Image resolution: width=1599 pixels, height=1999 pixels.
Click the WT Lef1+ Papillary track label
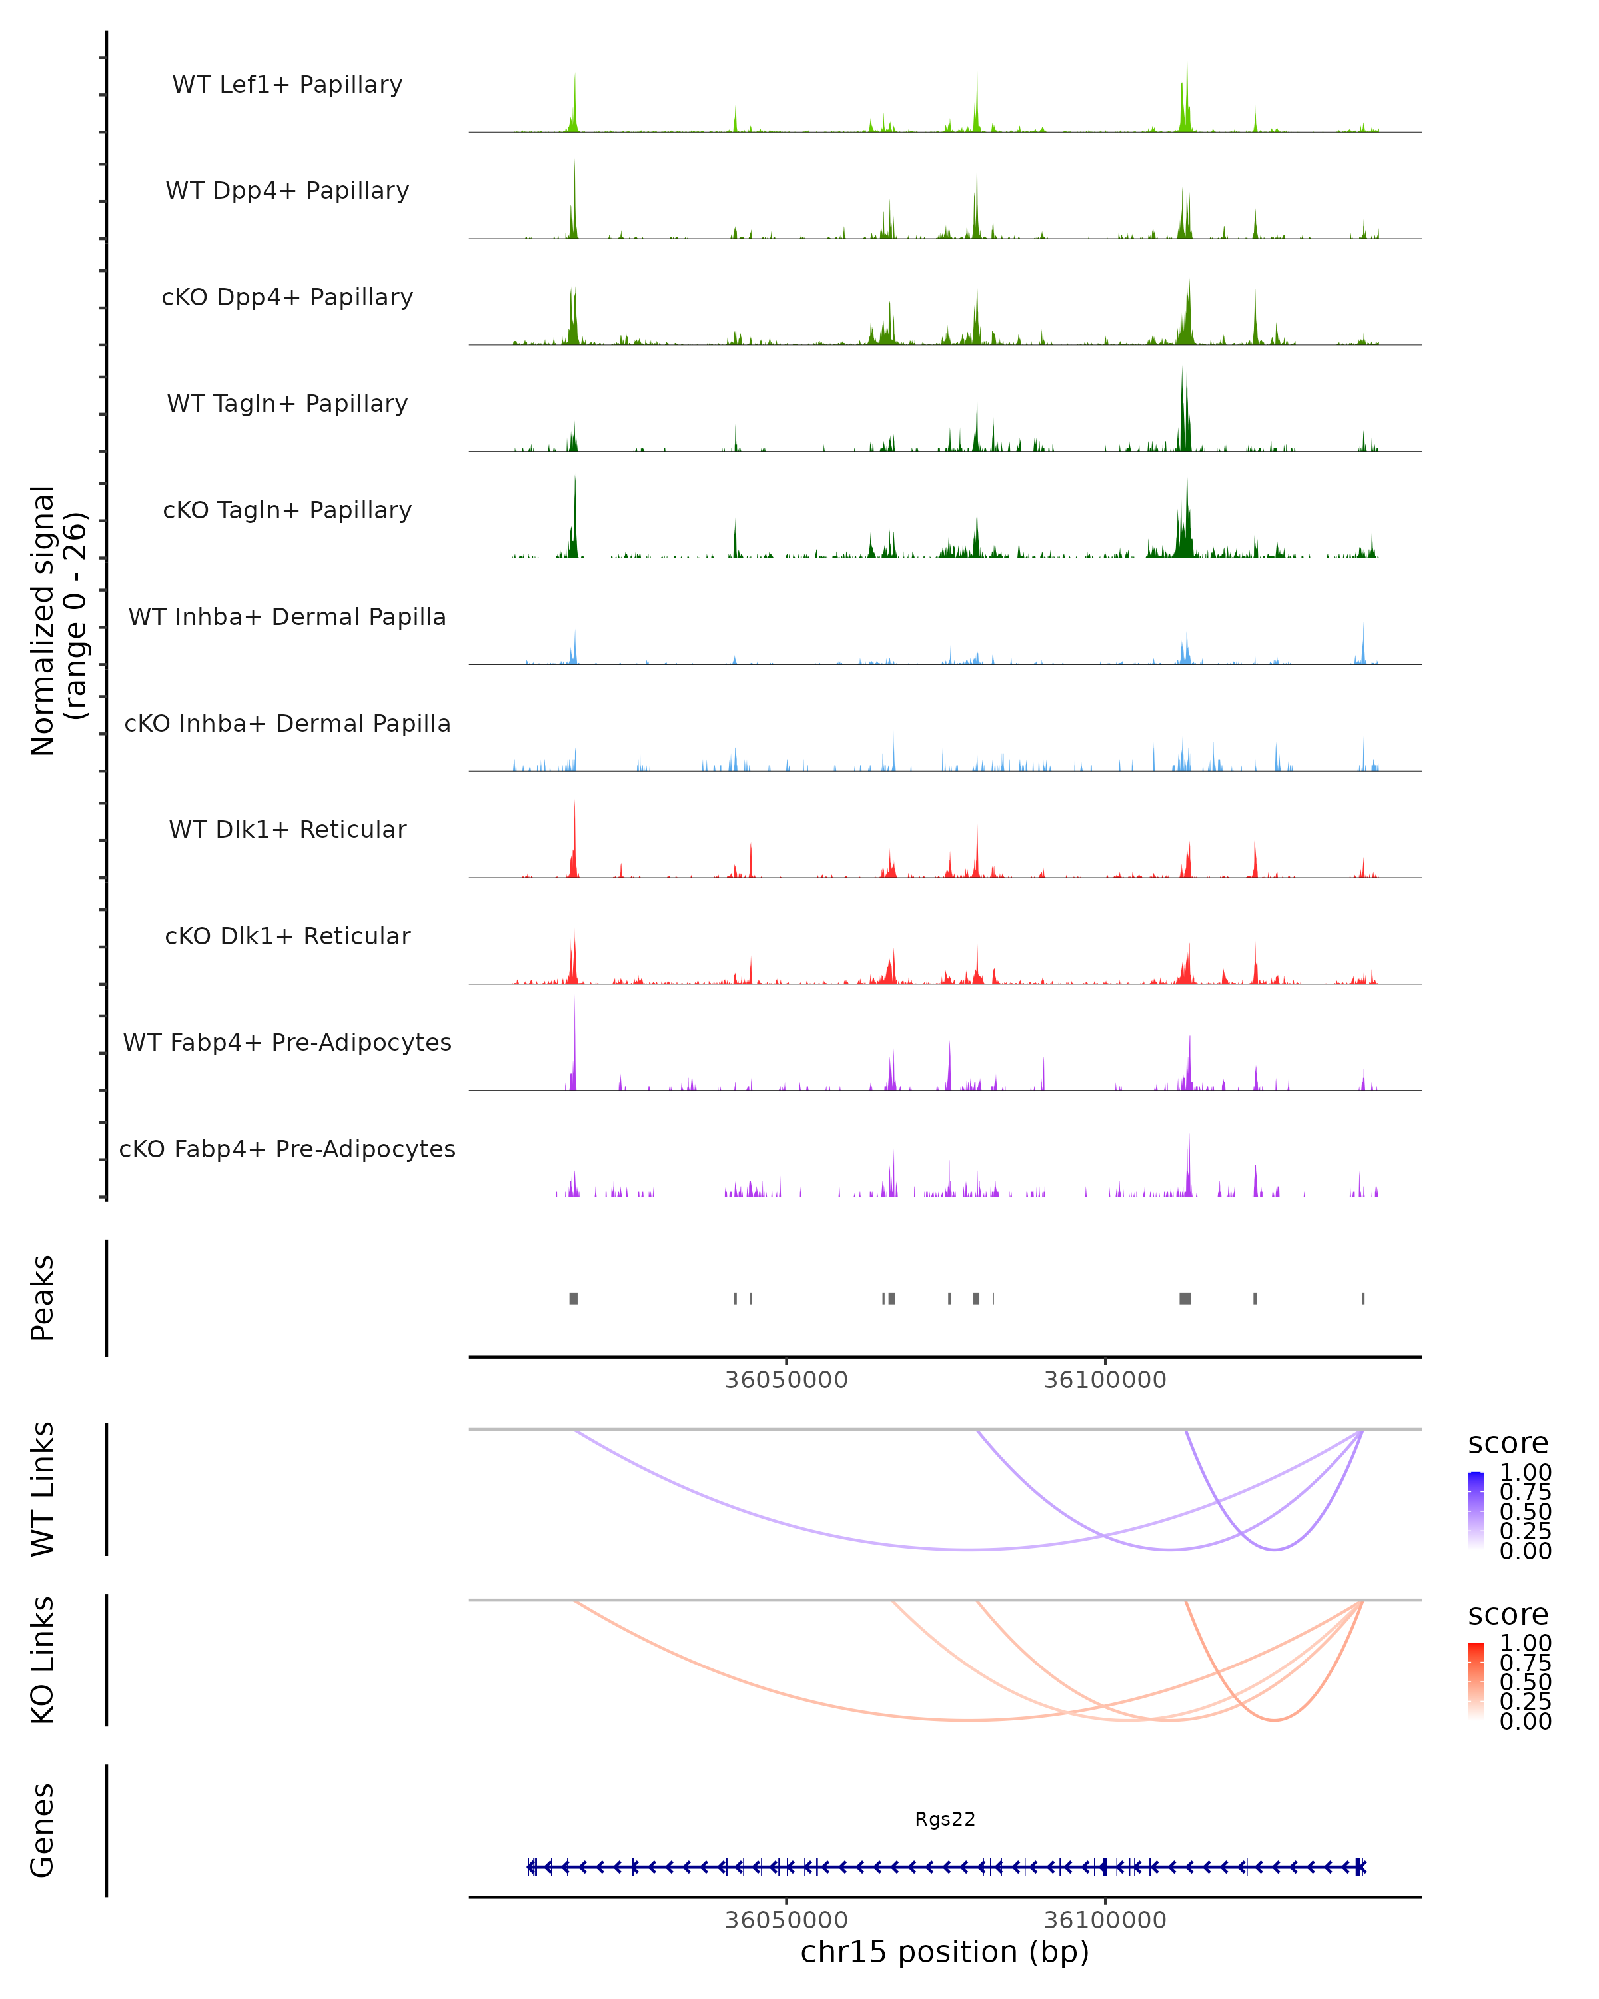(287, 85)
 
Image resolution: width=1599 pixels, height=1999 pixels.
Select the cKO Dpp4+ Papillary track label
(287, 297)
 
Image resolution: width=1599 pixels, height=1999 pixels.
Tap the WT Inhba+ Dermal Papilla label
(287, 616)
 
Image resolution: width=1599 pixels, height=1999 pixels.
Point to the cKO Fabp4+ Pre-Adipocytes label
(287, 1149)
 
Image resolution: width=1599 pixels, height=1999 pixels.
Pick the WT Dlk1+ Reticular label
(287, 829)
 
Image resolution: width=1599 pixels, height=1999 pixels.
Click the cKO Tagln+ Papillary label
(287, 510)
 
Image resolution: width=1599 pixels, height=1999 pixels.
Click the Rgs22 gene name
(945, 1819)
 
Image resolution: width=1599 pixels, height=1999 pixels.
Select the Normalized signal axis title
(57, 620)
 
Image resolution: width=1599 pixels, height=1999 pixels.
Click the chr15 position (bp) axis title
(945, 1952)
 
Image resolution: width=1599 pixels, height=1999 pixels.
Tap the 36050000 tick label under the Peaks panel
(786, 1381)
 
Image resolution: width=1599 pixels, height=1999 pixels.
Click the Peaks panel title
(43, 1298)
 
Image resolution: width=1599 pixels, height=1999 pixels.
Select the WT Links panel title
(43, 1489)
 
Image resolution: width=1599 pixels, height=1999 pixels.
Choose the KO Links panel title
(43, 1661)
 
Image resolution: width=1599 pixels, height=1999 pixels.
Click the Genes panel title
(43, 1831)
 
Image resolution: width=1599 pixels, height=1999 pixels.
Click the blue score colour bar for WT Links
(1476, 1511)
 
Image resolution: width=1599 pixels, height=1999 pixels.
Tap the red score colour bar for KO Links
(1476, 1681)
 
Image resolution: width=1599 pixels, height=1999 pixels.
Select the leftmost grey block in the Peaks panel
(574, 1298)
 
